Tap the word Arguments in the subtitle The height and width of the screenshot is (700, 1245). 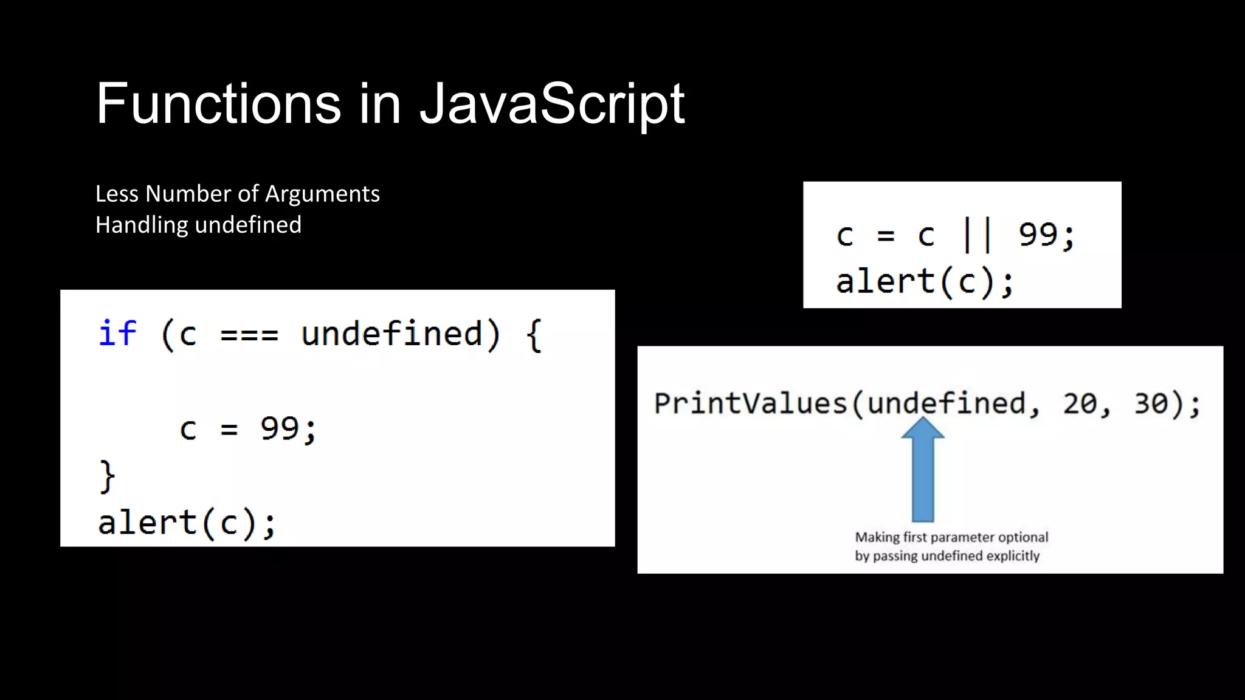(x=322, y=194)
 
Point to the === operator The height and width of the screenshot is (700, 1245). (x=249, y=334)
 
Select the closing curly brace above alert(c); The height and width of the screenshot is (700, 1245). (x=107, y=475)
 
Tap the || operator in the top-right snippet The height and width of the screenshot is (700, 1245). (x=978, y=235)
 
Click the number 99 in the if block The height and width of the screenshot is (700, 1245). (x=280, y=428)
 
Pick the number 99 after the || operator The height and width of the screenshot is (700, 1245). (x=1038, y=235)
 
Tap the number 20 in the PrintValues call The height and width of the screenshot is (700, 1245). (x=1080, y=403)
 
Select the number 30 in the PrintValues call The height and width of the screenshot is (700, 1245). (x=1151, y=403)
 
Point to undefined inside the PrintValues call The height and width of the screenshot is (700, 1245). (x=946, y=403)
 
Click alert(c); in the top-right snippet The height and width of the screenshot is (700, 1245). (x=925, y=281)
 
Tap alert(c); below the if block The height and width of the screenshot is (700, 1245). (x=187, y=523)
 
